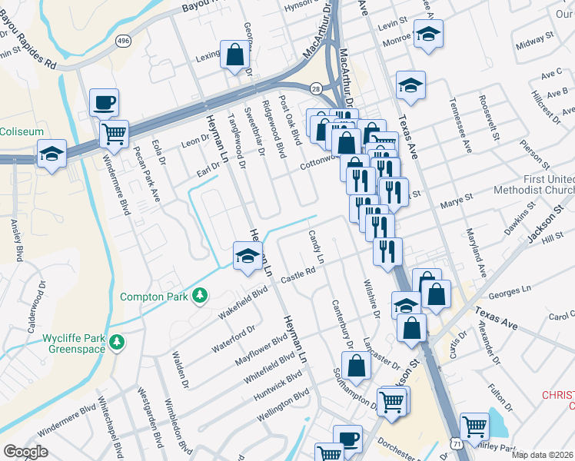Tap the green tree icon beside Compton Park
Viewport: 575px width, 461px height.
tap(200, 295)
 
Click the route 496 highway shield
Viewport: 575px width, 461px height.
tap(123, 40)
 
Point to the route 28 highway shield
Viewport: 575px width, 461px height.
tap(316, 89)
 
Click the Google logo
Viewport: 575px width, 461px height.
tap(25, 452)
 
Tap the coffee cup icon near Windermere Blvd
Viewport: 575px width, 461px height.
tap(104, 101)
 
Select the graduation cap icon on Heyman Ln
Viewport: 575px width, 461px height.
tap(247, 255)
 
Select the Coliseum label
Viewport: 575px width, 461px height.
tap(22, 131)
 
